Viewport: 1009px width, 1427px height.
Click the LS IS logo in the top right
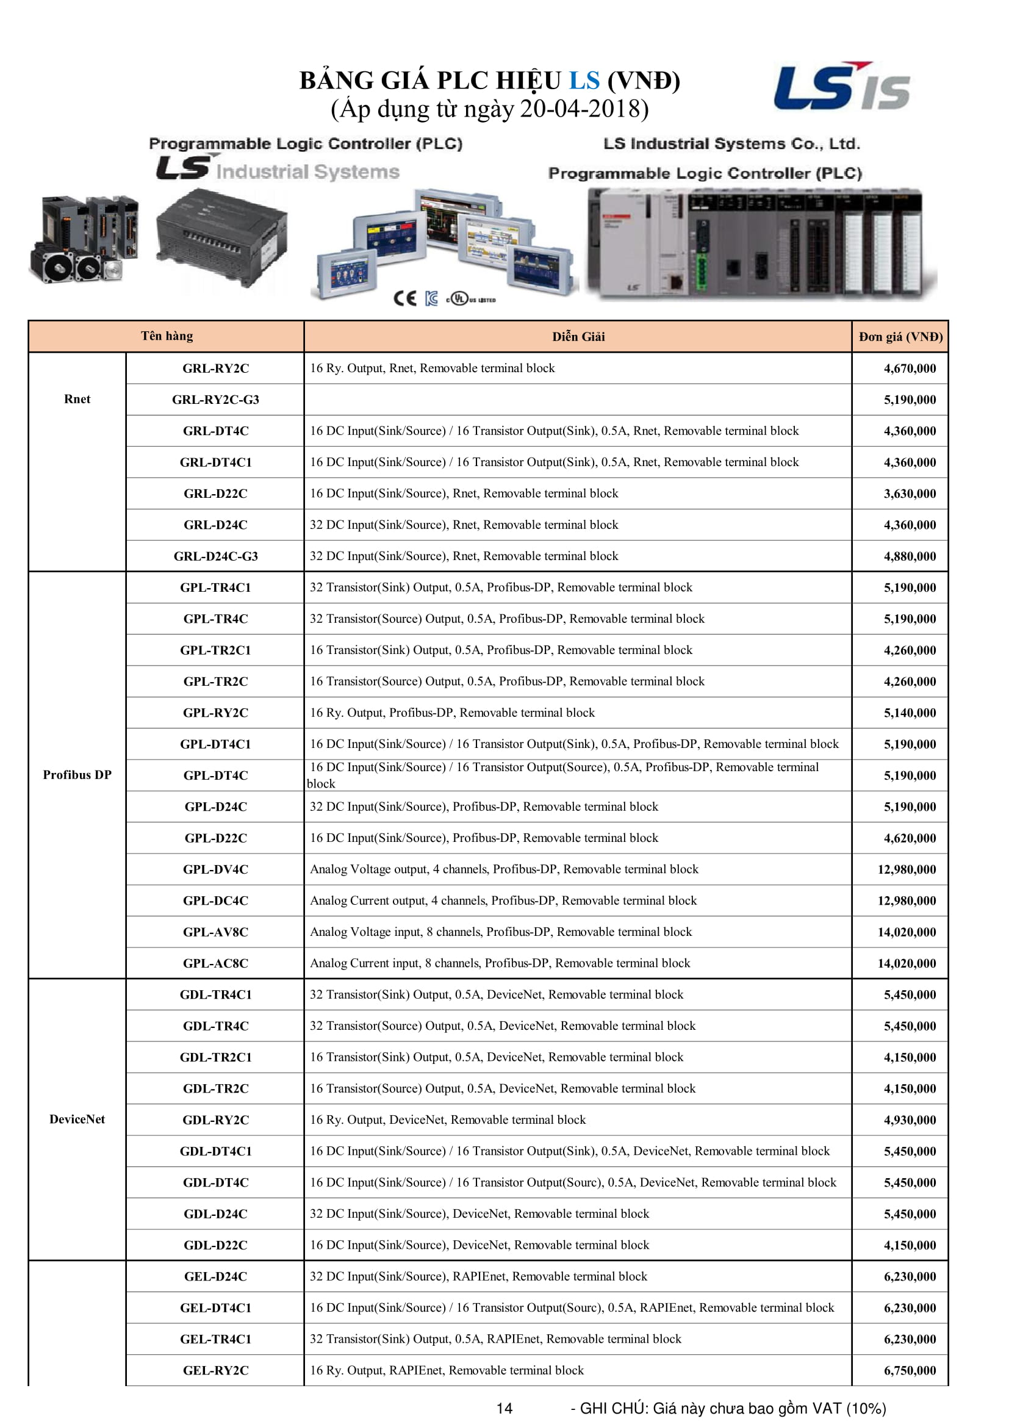841,87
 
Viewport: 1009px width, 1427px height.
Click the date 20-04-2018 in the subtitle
584,109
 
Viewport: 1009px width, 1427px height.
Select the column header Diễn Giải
578,337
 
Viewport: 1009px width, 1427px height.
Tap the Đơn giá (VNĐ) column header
900,337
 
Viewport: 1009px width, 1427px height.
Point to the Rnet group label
77,399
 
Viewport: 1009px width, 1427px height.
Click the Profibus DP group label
77,775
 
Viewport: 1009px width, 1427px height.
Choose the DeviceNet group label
77,1120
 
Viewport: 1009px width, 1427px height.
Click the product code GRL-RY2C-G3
215,400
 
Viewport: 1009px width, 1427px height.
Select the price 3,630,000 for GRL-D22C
910,494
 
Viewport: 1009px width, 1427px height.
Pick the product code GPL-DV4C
215,869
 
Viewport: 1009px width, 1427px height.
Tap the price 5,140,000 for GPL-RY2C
910,713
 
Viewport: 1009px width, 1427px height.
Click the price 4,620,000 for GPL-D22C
910,838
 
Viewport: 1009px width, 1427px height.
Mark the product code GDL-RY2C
215,1120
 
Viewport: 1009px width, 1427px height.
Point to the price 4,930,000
910,1120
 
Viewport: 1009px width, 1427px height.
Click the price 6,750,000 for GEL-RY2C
910,1370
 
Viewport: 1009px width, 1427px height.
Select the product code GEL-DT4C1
215,1307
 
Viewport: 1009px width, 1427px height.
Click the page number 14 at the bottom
504,1408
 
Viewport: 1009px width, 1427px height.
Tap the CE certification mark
405,298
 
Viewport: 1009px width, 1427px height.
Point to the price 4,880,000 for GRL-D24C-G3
910,556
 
